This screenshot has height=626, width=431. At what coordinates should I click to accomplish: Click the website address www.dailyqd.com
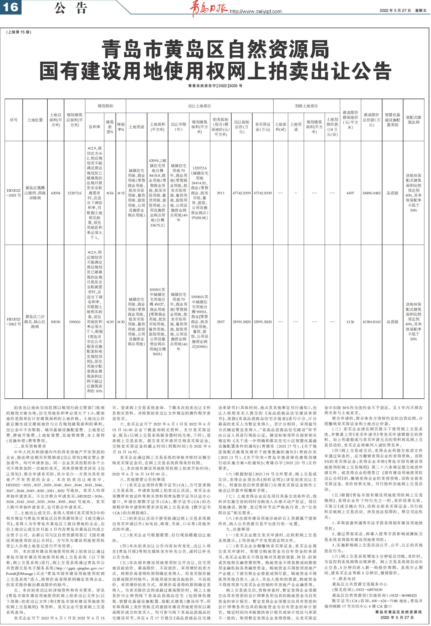[256, 11]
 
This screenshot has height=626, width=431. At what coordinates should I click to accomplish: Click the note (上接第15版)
[19, 32]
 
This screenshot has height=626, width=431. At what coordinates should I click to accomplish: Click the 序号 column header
[14, 120]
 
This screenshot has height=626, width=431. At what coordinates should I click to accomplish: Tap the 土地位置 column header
[35, 120]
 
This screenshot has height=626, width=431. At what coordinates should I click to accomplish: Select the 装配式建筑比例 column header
[413, 120]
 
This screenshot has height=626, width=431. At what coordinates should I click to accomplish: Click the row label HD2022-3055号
[14, 193]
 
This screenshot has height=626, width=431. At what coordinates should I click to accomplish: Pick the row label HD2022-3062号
[14, 322]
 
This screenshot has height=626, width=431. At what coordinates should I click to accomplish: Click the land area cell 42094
[55, 193]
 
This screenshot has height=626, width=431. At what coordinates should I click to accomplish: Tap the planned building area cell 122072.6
[75, 193]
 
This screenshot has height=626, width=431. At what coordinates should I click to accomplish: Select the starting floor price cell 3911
[221, 193]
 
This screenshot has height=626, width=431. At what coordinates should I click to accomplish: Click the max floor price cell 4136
[350, 322]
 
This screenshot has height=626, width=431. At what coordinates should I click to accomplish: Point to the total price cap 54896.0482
[372, 193]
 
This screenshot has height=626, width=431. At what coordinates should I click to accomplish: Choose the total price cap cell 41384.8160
[372, 322]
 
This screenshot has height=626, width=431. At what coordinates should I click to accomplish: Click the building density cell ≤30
[110, 322]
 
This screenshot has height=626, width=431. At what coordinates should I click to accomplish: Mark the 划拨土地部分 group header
[306, 106]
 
